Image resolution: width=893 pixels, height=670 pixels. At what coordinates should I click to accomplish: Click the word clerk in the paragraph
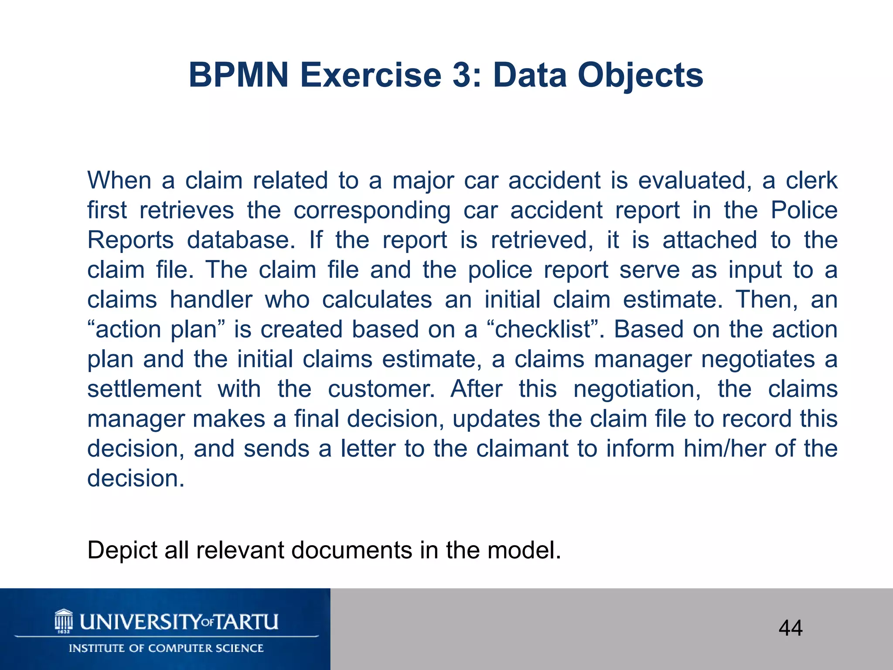pos(811,181)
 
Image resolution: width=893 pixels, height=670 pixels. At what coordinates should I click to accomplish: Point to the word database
pos(241,240)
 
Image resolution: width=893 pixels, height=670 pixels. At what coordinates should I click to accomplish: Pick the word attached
pos(709,240)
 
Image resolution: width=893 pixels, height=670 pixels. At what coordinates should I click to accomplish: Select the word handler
pos(211,300)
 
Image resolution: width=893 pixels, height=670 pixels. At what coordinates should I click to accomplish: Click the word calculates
pos(377,300)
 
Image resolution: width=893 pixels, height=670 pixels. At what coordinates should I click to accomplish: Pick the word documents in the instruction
pos(352,550)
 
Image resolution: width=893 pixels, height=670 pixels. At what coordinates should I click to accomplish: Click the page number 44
pos(790,628)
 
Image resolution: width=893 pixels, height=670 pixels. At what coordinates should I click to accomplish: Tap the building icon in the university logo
pos(64,621)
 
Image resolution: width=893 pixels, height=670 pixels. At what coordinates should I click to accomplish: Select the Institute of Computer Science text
pos(166,648)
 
